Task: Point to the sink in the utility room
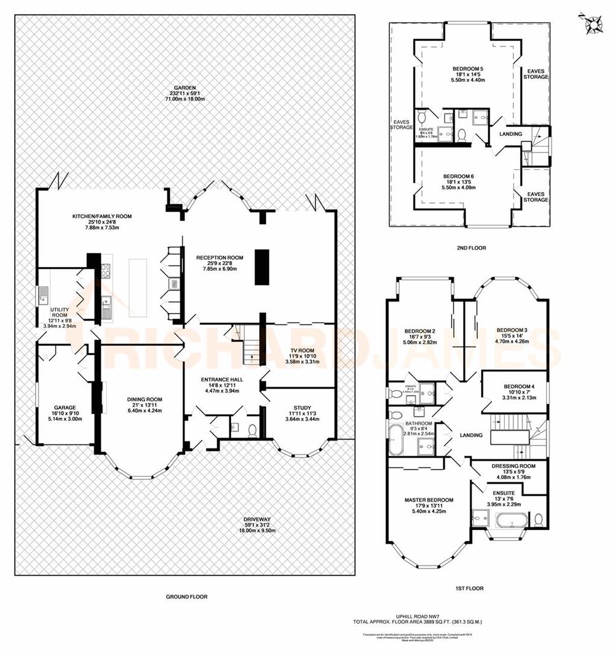[44, 295]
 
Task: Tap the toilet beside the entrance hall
[253, 429]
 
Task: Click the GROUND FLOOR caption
[186, 597]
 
